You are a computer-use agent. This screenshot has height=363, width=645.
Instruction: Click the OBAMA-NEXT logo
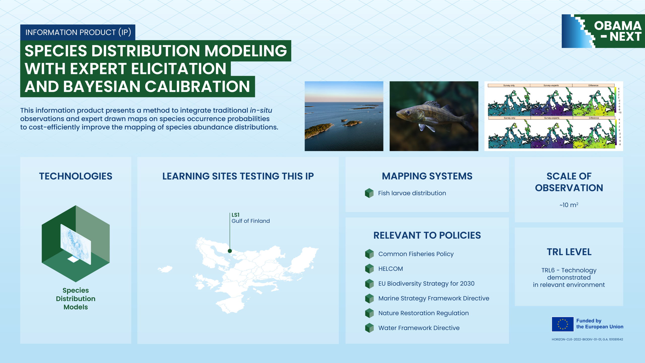click(603, 31)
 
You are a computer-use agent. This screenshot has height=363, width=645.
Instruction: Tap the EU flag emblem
click(563, 324)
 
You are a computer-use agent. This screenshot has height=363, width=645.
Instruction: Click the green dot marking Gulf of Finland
click(230, 251)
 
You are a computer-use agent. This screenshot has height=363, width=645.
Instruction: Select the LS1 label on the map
click(235, 215)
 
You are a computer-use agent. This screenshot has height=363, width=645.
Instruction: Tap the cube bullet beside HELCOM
click(369, 269)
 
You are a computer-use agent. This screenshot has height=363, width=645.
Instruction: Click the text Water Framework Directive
click(419, 328)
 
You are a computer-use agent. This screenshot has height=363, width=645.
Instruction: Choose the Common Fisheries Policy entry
click(416, 254)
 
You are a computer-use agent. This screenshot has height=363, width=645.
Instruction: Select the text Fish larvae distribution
click(412, 193)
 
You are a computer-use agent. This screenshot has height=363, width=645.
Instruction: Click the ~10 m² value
click(569, 205)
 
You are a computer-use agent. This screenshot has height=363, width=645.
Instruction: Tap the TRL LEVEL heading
click(569, 252)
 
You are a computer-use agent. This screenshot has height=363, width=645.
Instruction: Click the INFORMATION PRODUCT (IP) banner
click(78, 32)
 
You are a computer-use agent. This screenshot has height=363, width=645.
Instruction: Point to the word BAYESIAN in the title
click(102, 87)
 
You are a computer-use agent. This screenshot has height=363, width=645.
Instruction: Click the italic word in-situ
click(261, 110)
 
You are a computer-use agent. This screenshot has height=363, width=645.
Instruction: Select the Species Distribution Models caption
click(76, 299)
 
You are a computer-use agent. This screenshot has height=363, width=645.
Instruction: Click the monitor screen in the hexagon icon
click(76, 244)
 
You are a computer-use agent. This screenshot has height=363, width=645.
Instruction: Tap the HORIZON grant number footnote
click(587, 339)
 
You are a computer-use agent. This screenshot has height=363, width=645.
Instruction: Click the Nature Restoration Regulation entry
click(423, 313)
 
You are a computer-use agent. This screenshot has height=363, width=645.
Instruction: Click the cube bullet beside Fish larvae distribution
click(369, 193)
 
